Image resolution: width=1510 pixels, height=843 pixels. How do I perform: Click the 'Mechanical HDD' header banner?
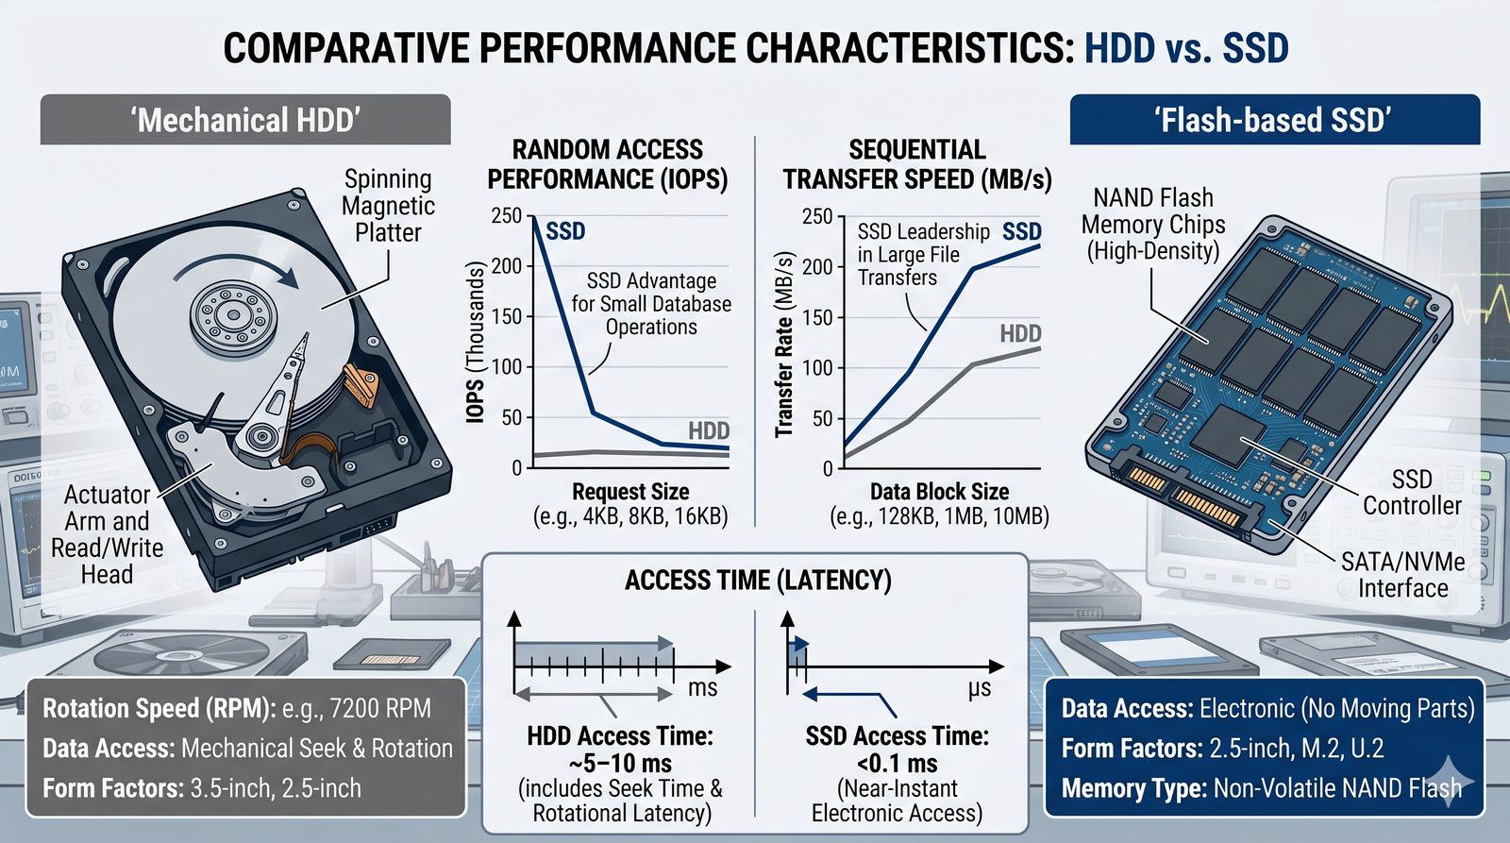click(x=245, y=120)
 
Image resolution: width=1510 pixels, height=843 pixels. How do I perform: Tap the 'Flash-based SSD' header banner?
click(x=1274, y=120)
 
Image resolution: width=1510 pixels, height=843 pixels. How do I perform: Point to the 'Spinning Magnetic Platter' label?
click(x=388, y=206)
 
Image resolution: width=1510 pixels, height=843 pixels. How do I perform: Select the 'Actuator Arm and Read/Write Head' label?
click(x=107, y=534)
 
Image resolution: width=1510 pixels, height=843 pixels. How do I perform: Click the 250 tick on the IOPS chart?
click(x=507, y=216)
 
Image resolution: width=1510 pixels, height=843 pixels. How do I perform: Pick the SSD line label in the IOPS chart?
click(x=565, y=231)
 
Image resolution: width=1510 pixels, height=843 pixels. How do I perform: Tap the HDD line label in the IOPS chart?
click(x=708, y=431)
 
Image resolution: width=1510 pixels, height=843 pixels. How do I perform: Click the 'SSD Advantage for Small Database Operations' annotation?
click(x=651, y=304)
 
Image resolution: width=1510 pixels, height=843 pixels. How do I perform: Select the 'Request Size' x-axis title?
click(x=630, y=492)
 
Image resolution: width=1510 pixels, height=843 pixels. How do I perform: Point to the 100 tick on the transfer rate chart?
click(x=817, y=368)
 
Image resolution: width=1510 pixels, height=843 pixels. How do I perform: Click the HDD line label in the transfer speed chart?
click(x=1020, y=333)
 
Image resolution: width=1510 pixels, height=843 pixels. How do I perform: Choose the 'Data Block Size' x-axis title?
click(x=939, y=492)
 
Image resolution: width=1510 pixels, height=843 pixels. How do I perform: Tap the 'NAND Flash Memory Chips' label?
click(x=1153, y=225)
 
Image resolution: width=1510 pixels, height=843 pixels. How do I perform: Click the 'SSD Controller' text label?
click(x=1412, y=493)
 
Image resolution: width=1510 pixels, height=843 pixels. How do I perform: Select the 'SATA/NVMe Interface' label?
click(x=1402, y=575)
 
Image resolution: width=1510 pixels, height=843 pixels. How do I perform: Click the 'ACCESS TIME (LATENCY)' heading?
click(x=758, y=580)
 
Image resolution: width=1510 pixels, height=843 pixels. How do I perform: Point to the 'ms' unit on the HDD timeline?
click(x=702, y=688)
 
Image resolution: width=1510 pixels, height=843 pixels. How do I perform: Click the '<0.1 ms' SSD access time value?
click(x=897, y=763)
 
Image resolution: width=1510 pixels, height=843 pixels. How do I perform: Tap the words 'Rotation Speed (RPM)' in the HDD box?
click(x=159, y=709)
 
